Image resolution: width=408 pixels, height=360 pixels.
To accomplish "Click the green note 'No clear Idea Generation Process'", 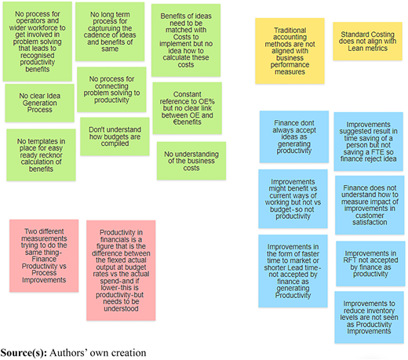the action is click(39, 103).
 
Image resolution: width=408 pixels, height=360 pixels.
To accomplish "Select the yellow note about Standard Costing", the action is click(367, 42).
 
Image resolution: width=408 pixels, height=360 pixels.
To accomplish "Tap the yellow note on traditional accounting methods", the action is click(290, 51).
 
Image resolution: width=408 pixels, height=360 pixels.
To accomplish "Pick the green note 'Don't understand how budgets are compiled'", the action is click(115, 136).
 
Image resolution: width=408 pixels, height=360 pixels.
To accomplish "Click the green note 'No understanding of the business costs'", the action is click(191, 161).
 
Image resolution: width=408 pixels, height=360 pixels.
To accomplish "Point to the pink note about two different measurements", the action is click(44, 256).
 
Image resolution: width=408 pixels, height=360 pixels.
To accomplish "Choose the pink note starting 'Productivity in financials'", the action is click(121, 271).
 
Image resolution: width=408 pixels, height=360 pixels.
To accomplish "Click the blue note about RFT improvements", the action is click(370, 264).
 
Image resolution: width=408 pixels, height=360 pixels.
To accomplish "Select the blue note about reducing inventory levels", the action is click(369, 318).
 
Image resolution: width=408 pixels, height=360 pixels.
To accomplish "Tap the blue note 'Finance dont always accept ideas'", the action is click(294, 136).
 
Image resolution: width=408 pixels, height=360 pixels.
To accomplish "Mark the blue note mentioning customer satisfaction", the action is click(370, 205).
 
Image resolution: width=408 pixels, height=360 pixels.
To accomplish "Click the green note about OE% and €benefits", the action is click(188, 108).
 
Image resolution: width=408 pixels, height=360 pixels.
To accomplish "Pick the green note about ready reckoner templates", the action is click(41, 155).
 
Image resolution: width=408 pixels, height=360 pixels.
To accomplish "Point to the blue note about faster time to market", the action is click(293, 271).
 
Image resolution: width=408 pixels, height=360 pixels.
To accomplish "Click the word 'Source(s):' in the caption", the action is click(24, 353).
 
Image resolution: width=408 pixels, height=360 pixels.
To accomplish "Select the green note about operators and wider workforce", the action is click(38, 42).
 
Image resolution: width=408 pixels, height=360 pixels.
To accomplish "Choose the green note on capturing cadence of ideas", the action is click(110, 31).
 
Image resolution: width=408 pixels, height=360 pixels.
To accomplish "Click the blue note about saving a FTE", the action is click(369, 141).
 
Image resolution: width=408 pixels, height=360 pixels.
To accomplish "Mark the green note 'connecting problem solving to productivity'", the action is click(111, 89).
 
